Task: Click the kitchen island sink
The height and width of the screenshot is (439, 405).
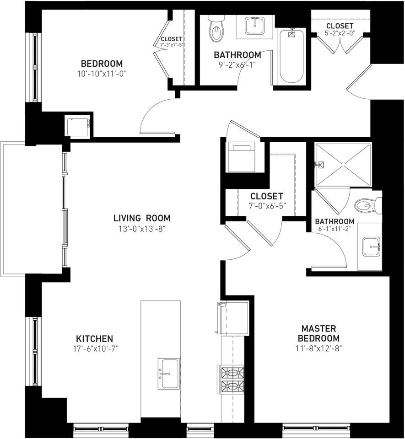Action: [x=168, y=373]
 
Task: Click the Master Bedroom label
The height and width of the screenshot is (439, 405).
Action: [x=319, y=333]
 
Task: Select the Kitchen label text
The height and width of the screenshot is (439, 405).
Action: [x=94, y=339]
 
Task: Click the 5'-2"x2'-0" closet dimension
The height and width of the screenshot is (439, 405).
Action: [x=340, y=34]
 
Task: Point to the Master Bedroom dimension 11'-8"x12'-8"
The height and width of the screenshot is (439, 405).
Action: [x=319, y=348]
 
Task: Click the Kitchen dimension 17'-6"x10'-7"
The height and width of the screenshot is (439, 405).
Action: [x=94, y=349]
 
